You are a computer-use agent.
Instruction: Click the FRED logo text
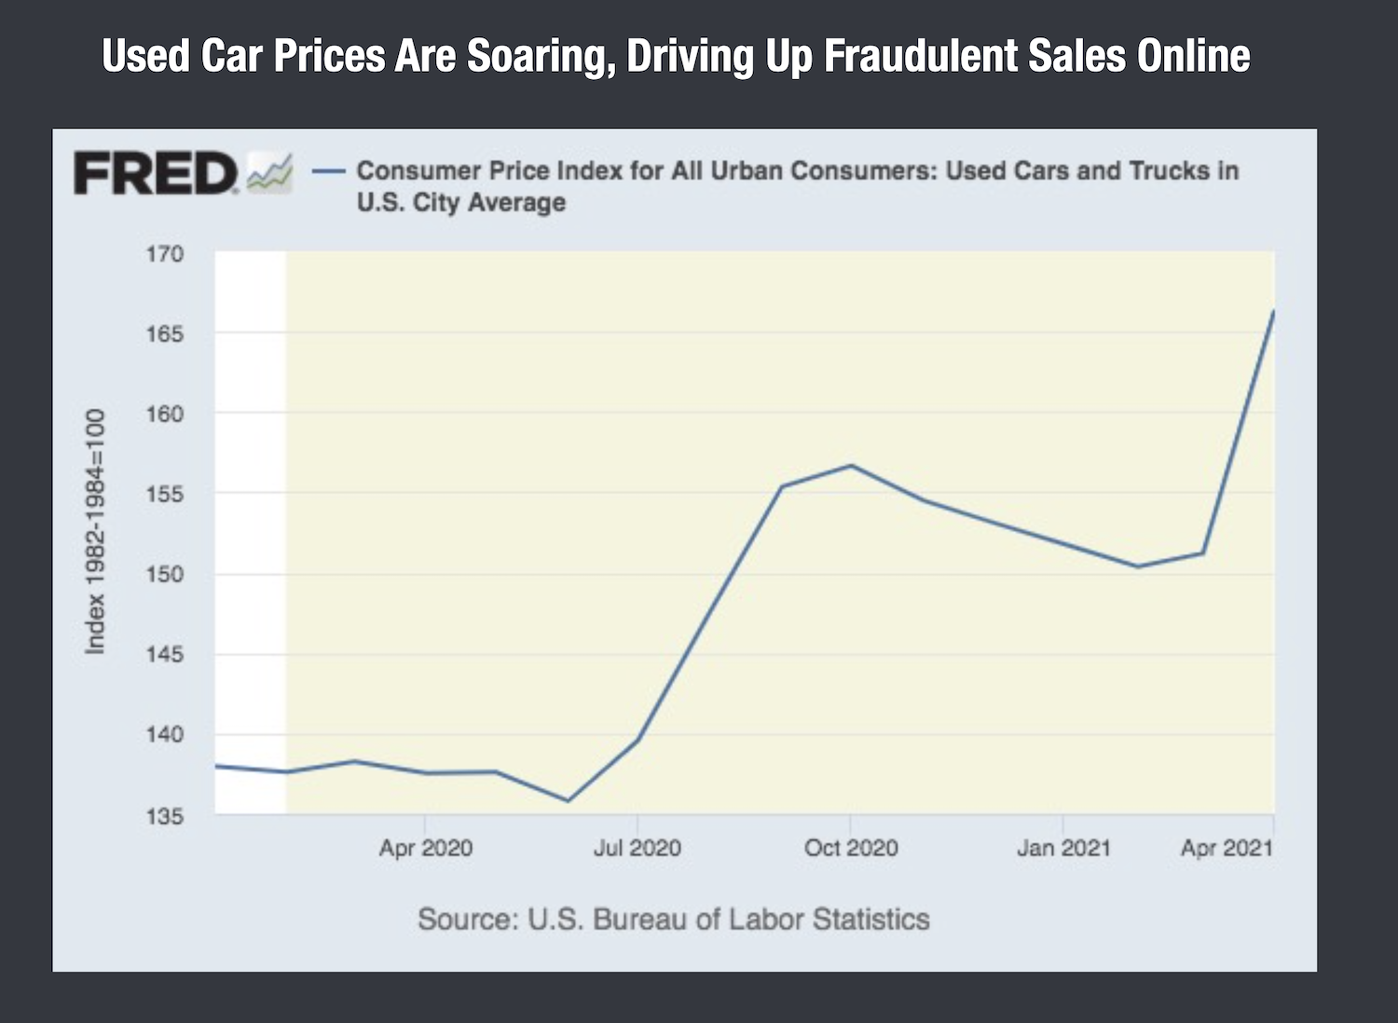[155, 173]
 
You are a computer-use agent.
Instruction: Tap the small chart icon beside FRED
[270, 173]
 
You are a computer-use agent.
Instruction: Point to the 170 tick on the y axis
[165, 253]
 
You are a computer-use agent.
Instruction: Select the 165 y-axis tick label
[165, 334]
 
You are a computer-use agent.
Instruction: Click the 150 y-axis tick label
[165, 574]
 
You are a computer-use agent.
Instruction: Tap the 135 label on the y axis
[165, 816]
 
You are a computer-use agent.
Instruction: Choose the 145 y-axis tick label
[165, 654]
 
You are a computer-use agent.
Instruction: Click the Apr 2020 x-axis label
[426, 848]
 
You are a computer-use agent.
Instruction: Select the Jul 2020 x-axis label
[637, 848]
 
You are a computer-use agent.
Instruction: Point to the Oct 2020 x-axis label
[851, 848]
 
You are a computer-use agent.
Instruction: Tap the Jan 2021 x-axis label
[1063, 848]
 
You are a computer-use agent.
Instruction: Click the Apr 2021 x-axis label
[1227, 848]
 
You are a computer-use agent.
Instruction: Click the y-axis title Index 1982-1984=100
[95, 531]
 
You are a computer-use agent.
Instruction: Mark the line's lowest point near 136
[568, 800]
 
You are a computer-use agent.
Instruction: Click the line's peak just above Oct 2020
[851, 466]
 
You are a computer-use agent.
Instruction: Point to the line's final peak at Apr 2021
[1273, 312]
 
